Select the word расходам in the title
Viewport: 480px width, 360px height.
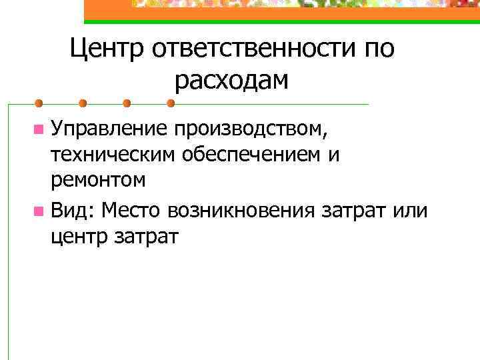coord(232,81)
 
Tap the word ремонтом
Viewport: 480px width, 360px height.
coord(97,179)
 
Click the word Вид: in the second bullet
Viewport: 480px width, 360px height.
coord(73,211)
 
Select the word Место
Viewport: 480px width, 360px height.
coord(133,211)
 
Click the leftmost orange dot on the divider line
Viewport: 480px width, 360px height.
coord(39,104)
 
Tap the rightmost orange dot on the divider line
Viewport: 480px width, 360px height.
coord(171,104)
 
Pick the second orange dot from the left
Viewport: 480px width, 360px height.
coord(83,104)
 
